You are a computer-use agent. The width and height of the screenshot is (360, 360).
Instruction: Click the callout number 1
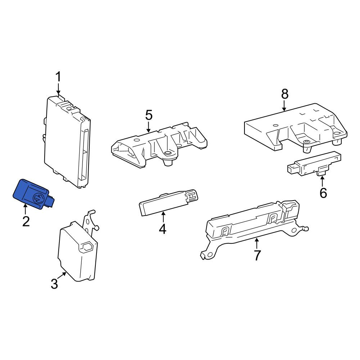(59, 77)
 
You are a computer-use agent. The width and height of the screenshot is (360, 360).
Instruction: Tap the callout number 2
(26, 221)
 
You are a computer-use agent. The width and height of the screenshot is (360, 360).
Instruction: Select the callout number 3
(54, 284)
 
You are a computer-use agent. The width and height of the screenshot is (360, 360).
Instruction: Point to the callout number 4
(162, 229)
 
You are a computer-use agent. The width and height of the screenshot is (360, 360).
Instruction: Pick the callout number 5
(149, 115)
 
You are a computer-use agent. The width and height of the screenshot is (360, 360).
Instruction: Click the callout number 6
(323, 193)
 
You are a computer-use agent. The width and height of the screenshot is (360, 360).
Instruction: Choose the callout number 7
(257, 255)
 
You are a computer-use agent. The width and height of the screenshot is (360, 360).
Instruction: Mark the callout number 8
(285, 94)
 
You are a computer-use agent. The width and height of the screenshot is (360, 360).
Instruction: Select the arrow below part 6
(322, 181)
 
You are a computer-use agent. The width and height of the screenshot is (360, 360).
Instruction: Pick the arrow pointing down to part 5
(149, 127)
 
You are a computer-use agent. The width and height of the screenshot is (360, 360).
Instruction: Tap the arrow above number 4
(163, 217)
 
